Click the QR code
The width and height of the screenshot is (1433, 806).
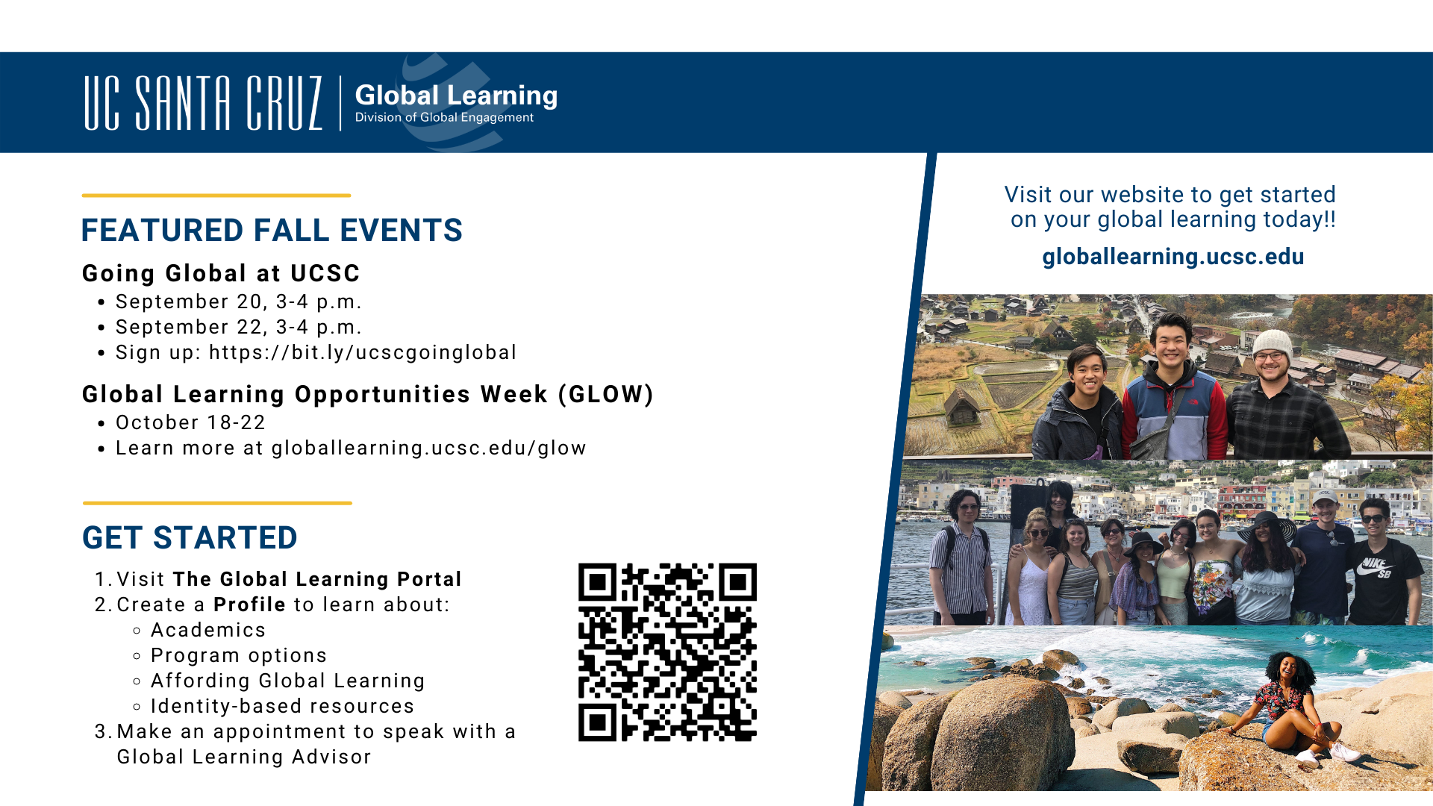667,652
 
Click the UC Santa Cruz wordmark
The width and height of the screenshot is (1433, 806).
203,103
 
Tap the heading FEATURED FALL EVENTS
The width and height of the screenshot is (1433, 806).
272,231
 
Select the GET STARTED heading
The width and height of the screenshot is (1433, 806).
190,538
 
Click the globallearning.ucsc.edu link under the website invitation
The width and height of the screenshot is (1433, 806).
1173,257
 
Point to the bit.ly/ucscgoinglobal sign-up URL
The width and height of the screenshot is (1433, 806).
363,352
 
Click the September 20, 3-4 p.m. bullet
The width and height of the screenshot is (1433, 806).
238,302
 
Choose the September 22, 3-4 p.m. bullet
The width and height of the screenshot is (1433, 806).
238,327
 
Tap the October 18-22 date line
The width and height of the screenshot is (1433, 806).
190,422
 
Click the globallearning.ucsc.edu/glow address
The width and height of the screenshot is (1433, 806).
428,448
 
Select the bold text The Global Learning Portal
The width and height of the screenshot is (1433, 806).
317,579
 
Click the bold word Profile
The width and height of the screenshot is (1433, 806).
249,604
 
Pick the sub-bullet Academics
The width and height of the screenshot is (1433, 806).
208,630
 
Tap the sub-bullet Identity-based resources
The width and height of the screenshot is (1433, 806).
282,706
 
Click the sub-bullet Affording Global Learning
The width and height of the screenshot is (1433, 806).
287,681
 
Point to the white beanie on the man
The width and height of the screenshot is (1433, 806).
1272,344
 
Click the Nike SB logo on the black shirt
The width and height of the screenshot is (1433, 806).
1376,567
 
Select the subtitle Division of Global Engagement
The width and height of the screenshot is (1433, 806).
444,117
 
